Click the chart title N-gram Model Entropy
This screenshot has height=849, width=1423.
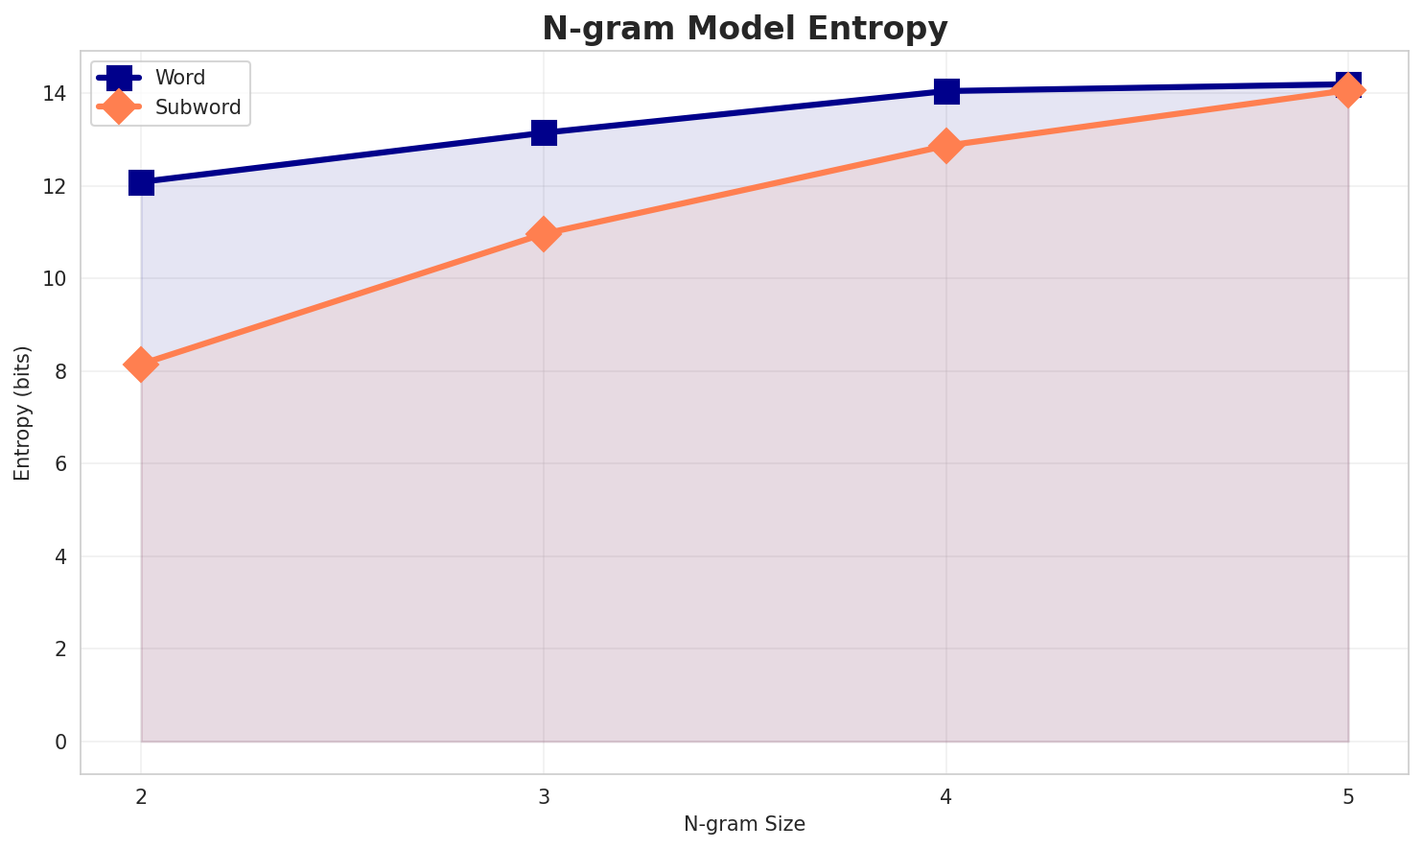click(x=744, y=29)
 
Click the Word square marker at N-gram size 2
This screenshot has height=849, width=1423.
click(x=141, y=182)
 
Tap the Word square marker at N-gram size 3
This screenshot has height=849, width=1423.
click(x=544, y=132)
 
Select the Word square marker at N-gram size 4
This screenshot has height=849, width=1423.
click(x=946, y=91)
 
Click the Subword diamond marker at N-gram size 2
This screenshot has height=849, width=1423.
click(x=141, y=365)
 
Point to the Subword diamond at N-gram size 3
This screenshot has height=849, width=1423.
click(x=544, y=234)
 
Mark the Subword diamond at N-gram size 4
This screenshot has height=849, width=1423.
click(x=946, y=146)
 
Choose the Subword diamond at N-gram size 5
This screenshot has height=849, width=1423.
click(x=1348, y=90)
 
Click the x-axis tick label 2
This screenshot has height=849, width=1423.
click(x=141, y=798)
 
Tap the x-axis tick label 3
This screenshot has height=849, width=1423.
click(x=544, y=798)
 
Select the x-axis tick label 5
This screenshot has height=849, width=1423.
click(x=1348, y=798)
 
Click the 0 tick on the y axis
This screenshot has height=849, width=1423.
click(x=59, y=742)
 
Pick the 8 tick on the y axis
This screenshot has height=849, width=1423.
click(x=59, y=371)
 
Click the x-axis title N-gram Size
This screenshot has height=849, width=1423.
click(x=744, y=824)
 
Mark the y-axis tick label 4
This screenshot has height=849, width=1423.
click(x=59, y=556)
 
